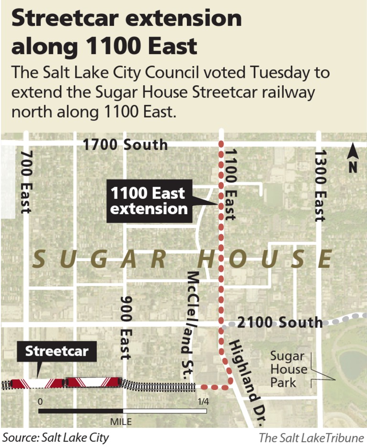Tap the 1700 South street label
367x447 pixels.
pyautogui.click(x=125, y=144)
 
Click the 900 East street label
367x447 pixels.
pyautogui.click(x=125, y=327)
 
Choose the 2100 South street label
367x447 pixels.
pyautogui.click(x=280, y=322)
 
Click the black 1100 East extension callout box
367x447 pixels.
pyautogui.click(x=149, y=201)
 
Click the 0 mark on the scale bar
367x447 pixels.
pyautogui.click(x=41, y=402)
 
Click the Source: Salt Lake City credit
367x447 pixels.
pyautogui.click(x=56, y=437)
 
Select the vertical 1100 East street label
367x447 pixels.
pyautogui.click(x=231, y=183)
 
